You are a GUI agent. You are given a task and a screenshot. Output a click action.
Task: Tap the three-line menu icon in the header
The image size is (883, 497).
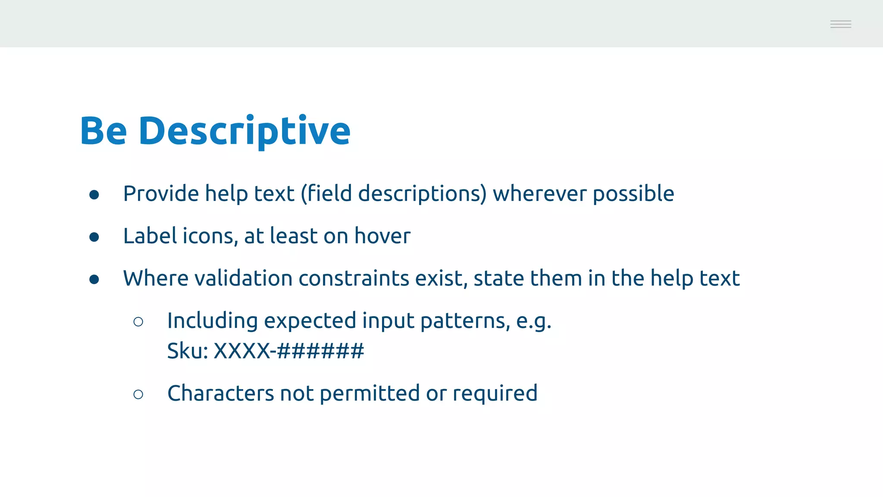tap(840, 24)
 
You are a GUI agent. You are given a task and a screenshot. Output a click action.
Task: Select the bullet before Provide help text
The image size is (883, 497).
tap(94, 195)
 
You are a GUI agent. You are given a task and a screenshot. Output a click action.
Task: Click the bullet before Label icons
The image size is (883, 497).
tap(94, 237)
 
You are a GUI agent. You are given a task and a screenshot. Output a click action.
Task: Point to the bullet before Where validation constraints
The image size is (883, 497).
tap(94, 280)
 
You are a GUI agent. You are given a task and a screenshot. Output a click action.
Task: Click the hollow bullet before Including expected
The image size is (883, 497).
tap(138, 322)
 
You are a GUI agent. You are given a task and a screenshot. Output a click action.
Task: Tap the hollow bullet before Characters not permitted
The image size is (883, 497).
tap(138, 394)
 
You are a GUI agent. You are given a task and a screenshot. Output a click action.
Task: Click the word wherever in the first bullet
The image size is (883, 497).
tap(539, 193)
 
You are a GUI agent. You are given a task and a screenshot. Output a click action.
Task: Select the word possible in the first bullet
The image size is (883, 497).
tap(633, 194)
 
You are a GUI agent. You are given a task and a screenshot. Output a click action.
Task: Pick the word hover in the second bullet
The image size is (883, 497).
tap(382, 236)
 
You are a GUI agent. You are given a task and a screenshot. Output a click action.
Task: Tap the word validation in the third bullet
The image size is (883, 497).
tap(244, 278)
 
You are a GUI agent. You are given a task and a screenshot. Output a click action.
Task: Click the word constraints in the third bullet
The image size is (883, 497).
tap(354, 278)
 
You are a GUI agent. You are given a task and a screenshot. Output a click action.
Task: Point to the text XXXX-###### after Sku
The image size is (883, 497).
tap(289, 350)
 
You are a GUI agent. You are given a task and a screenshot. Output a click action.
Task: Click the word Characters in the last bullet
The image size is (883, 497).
tap(220, 393)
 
